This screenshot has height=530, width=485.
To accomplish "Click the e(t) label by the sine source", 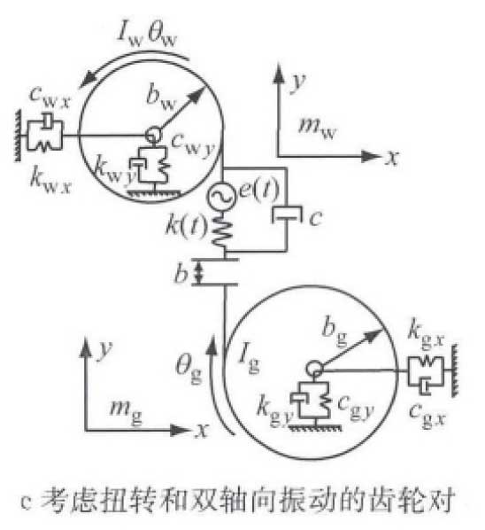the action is pos(258,190).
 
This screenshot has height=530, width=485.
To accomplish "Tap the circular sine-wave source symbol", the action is pos(221,196).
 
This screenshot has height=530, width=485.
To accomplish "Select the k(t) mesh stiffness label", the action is pos(186,224).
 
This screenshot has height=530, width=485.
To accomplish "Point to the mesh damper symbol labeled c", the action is pos(287,214).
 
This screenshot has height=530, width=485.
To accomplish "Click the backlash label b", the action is pos(181,273).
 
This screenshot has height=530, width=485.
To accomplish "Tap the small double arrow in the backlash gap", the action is pos(199,273).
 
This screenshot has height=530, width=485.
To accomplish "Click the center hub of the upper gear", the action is pos(153,136).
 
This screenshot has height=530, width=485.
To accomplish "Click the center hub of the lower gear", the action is pos(314,370).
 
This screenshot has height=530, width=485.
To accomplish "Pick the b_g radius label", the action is pos(335,332).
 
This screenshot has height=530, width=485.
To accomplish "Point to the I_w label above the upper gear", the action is pos(131,34).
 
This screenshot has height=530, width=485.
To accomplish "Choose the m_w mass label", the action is pos(317,128).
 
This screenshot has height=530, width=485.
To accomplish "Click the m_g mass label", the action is pos(126,413).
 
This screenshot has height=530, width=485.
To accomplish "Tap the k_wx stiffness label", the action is pos(50,181).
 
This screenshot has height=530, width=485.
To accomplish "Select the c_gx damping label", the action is pos(427,414).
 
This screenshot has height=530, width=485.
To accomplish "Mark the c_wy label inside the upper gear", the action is pos(193,145).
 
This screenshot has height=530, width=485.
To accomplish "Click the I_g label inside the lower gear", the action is pos(249,359).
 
